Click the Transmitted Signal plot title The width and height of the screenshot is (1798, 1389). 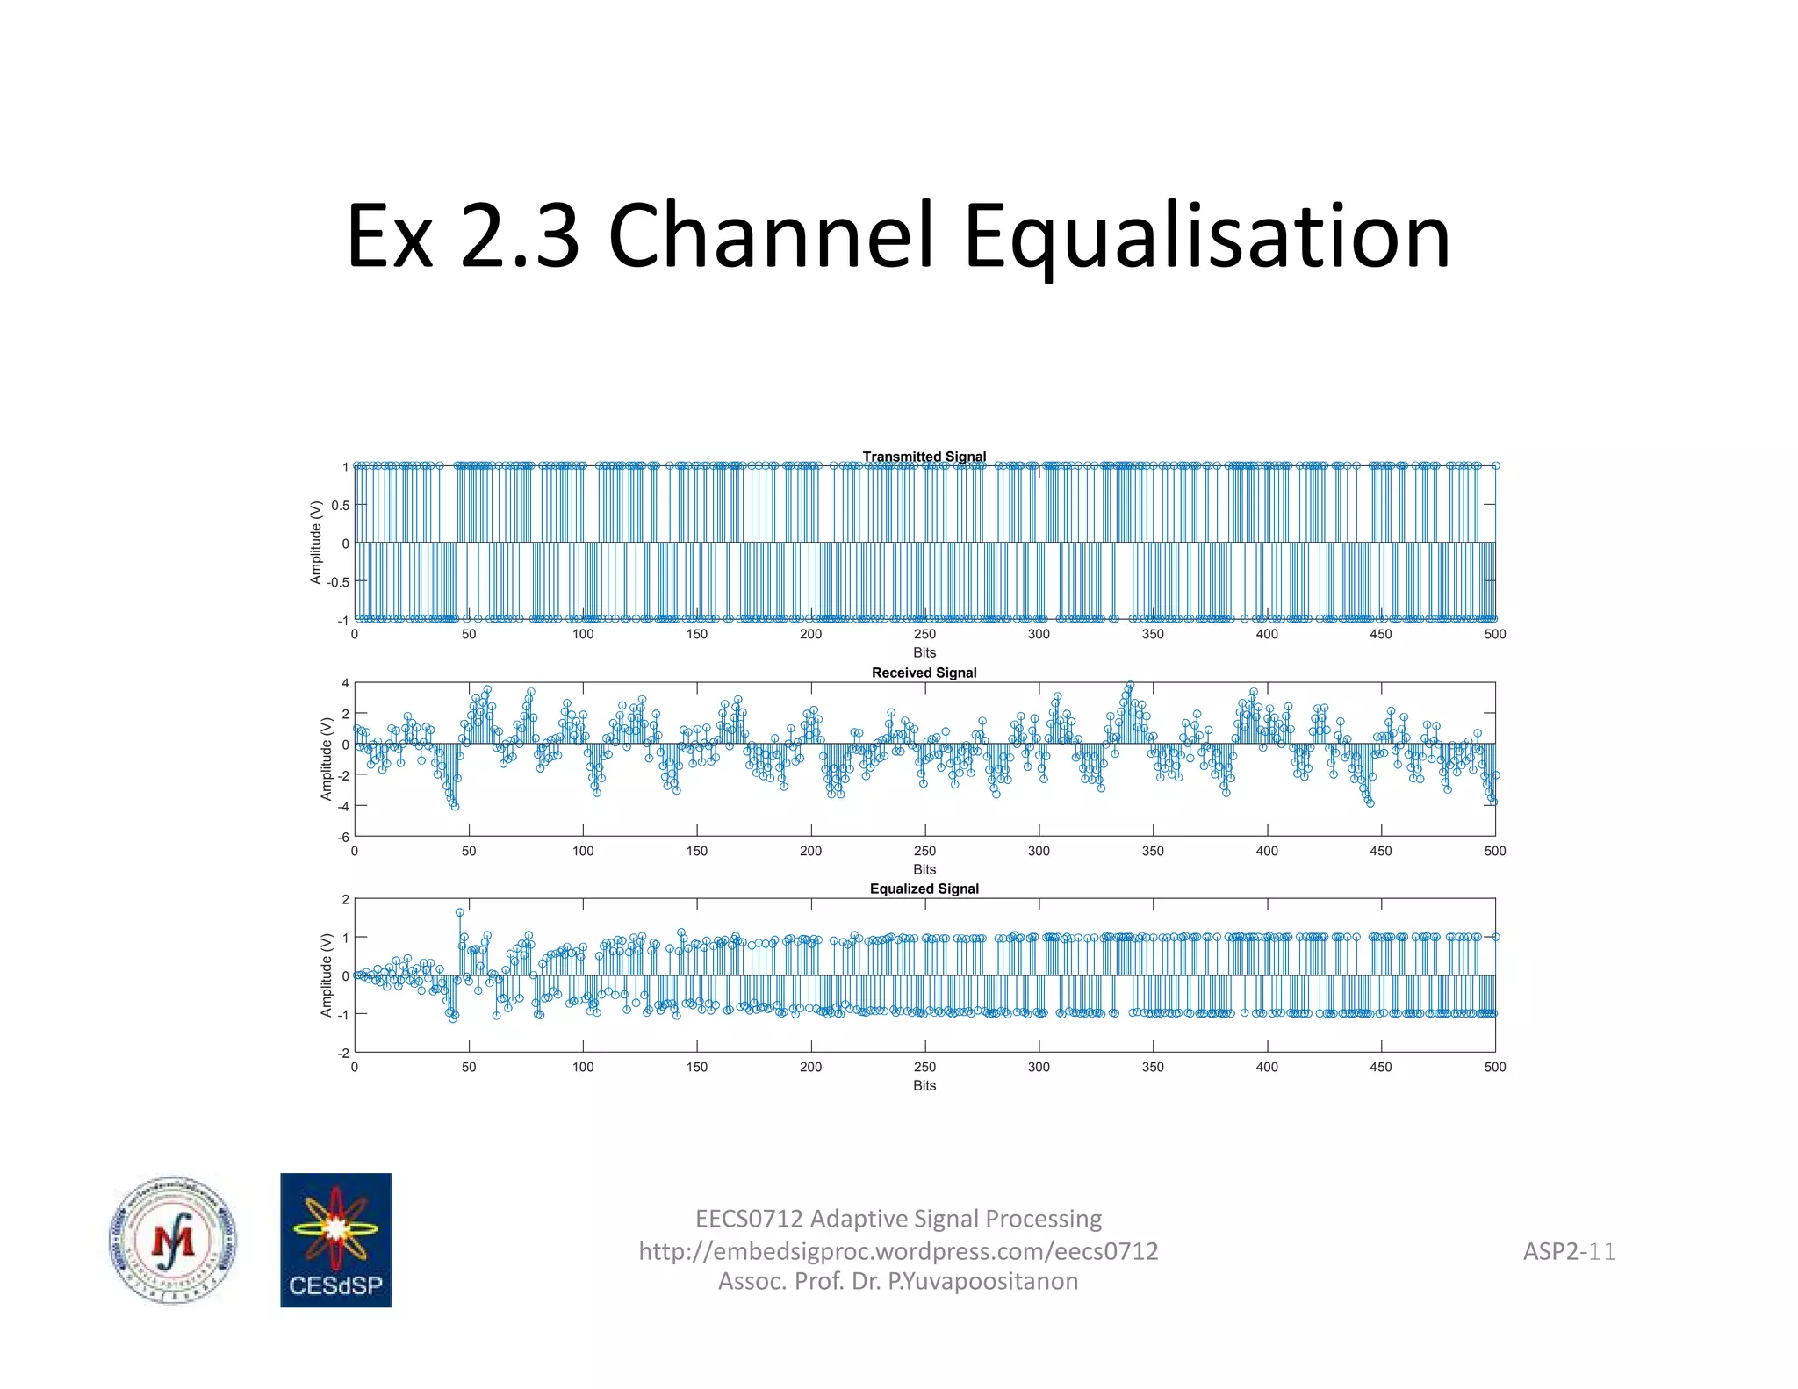[x=924, y=457]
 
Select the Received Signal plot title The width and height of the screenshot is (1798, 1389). [x=924, y=673]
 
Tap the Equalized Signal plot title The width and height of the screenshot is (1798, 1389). [x=924, y=889]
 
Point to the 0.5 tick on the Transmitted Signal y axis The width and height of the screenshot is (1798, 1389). [x=340, y=505]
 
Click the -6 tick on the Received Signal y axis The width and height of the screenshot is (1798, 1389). [x=343, y=837]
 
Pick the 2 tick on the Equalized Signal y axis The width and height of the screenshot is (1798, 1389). [x=345, y=900]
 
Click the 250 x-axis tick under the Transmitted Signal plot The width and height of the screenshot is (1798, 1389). [x=924, y=634]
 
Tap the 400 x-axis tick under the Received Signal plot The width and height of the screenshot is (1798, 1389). [x=1266, y=851]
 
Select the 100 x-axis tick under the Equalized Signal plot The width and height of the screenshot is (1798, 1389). [x=582, y=1067]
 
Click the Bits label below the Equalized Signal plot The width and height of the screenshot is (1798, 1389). [x=924, y=1085]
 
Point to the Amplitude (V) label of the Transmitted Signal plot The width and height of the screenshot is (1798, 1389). [x=316, y=542]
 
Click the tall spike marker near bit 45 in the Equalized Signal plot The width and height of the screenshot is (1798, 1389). [x=459, y=912]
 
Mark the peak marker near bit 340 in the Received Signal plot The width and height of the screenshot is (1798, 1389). [x=1130, y=685]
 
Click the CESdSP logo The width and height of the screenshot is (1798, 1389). [x=335, y=1240]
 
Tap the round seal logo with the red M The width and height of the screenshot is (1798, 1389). [x=173, y=1240]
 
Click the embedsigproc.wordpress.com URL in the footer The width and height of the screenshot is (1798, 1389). [x=898, y=1250]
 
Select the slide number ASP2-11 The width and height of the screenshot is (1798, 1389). [x=1568, y=1250]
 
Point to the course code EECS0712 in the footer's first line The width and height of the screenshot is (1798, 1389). [x=748, y=1219]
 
